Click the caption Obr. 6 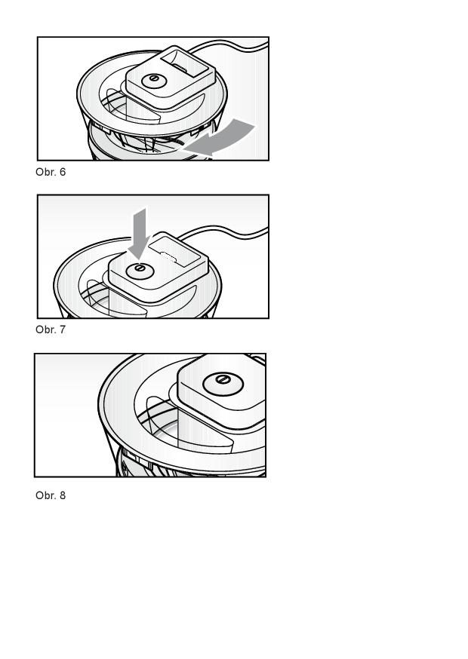click(x=51, y=172)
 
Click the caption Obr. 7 click(x=51, y=329)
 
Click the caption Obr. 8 click(x=51, y=495)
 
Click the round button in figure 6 click(x=154, y=80)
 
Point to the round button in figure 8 click(x=223, y=384)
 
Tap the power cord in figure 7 click(x=223, y=232)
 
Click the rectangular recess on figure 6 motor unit click(x=185, y=64)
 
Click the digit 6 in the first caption click(x=63, y=172)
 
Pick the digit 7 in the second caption click(x=63, y=329)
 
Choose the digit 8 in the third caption click(x=63, y=495)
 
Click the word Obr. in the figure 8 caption click(x=45, y=495)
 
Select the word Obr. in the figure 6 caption click(x=45, y=172)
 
